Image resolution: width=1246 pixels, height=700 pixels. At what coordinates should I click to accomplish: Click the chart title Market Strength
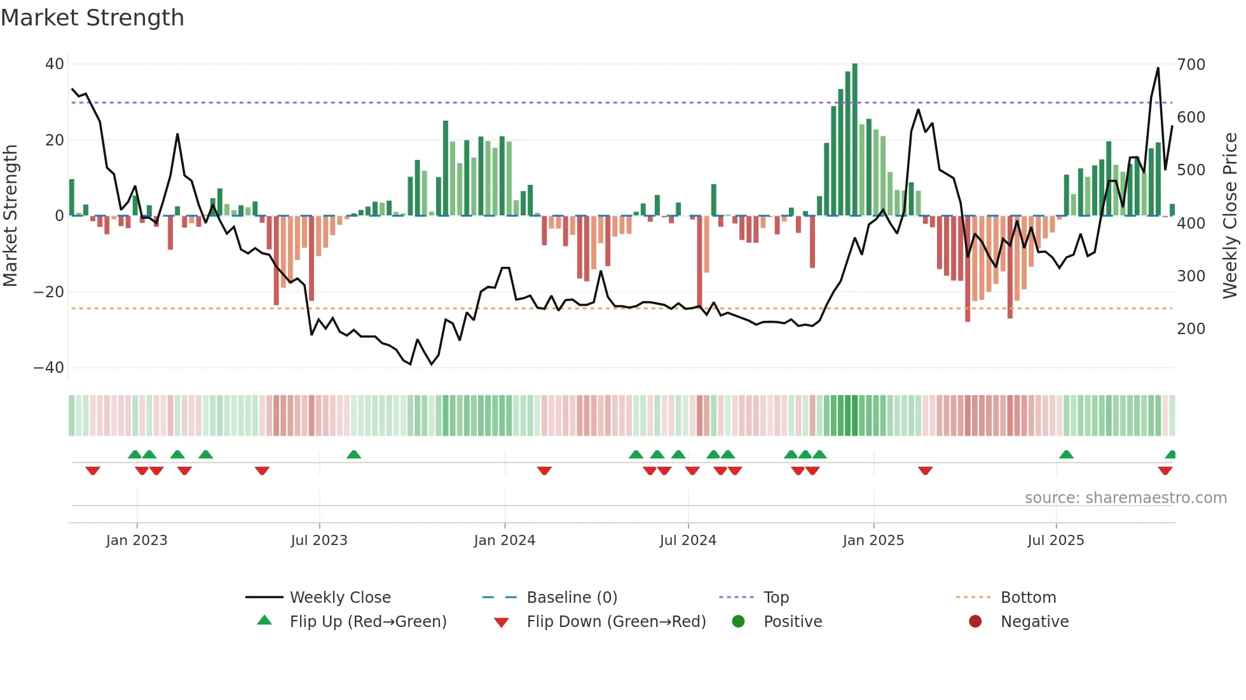[x=92, y=18]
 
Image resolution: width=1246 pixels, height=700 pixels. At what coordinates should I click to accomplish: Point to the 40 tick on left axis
[x=55, y=64]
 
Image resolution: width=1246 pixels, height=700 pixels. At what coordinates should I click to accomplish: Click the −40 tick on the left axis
[x=49, y=368]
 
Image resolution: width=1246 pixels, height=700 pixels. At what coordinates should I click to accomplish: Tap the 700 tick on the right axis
[x=1191, y=65]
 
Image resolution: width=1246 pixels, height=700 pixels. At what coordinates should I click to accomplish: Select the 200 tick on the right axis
[x=1191, y=329]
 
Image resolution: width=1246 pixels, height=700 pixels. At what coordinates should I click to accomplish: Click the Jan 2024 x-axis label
[x=504, y=541]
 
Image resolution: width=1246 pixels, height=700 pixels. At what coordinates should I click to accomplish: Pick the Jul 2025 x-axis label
[x=1055, y=541]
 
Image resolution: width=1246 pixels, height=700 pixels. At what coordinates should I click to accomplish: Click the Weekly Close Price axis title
[x=1230, y=216]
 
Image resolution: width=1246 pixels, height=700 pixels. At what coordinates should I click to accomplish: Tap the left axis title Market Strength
[x=11, y=216]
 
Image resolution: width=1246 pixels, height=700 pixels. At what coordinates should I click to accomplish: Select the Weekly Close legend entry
[x=340, y=598]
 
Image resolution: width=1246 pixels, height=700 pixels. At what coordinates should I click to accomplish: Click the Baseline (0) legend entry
[x=572, y=598]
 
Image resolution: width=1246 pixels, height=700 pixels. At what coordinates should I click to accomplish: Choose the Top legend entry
[x=776, y=598]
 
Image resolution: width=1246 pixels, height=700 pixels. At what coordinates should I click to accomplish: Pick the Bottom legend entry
[x=1028, y=598]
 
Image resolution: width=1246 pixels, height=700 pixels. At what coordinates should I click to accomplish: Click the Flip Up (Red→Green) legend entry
[x=367, y=622]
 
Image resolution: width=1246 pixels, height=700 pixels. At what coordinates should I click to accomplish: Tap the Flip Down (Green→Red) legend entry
[x=616, y=622]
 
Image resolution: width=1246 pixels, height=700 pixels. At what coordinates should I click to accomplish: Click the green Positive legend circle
[x=738, y=621]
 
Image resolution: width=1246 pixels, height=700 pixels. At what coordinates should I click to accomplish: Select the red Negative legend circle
[x=975, y=621]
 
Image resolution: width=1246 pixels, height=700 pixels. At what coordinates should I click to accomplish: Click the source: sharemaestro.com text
[x=1125, y=498]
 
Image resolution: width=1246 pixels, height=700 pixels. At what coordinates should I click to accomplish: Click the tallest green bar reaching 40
[x=854, y=140]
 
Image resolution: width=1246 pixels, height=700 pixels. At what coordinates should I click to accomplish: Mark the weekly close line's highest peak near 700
[x=1158, y=69]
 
